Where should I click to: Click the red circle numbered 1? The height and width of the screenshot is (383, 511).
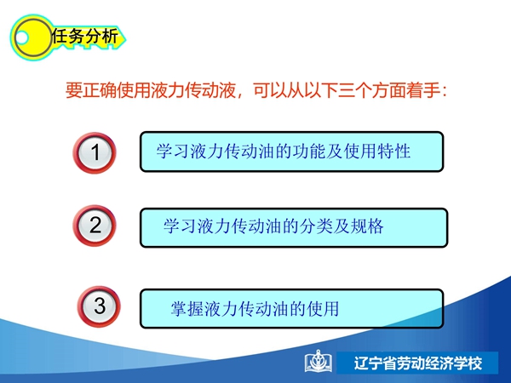[95, 152]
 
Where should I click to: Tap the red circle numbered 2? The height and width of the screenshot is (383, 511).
[95, 226]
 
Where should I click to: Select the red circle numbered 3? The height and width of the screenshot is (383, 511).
[99, 306]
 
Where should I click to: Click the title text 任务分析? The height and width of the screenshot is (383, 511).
[84, 36]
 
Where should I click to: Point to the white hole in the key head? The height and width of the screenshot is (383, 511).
[21, 38]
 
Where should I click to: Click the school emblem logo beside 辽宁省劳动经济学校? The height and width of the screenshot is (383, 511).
[319, 362]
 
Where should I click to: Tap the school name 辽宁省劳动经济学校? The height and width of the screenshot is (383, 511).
[418, 363]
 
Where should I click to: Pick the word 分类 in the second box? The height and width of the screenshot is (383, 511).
[316, 226]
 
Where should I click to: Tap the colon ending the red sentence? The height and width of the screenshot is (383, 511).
[444, 91]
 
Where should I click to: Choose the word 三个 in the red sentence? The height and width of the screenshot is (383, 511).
[355, 90]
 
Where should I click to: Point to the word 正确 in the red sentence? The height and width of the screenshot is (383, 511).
[100, 90]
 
